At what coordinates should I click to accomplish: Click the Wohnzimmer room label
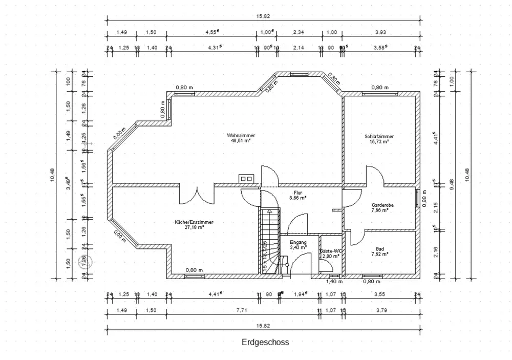click(241, 135)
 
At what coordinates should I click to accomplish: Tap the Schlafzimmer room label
click(379, 136)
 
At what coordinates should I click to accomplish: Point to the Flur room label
click(297, 192)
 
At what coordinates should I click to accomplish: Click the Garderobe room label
click(382, 205)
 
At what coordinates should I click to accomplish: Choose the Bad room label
click(379, 248)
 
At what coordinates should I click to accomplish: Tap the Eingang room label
click(297, 242)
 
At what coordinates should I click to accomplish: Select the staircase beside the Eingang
click(268, 241)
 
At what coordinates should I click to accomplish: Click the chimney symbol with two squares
click(245, 178)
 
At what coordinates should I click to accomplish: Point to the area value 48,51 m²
click(241, 140)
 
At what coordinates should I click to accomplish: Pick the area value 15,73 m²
click(379, 141)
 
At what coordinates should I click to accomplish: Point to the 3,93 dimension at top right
click(380, 32)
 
